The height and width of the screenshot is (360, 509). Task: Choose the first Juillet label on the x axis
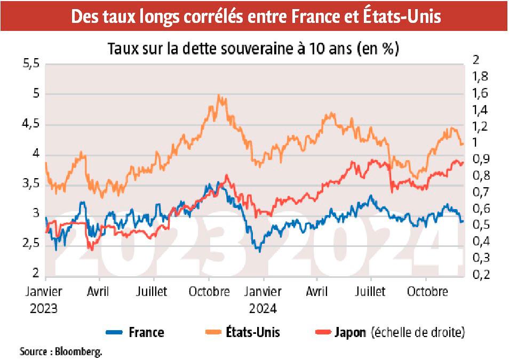click(153, 292)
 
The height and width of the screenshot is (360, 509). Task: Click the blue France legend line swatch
click(114, 332)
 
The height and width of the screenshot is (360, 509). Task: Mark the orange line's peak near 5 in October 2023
click(219, 95)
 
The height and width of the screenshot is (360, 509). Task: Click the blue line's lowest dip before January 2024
click(259, 251)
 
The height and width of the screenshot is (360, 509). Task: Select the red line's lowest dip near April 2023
click(91, 249)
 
